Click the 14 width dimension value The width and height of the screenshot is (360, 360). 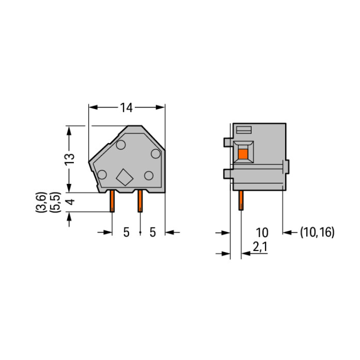tap(126, 108)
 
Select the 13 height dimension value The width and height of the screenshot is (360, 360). tap(70, 159)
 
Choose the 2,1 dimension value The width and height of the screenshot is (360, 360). tap(260, 247)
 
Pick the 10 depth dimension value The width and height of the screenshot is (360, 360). tap(262, 233)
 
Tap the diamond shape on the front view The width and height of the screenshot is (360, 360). tap(125, 177)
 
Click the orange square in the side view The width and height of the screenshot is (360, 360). tap(243, 154)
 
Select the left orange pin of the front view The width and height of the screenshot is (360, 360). tap(112, 201)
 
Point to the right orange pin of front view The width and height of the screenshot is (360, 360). tap(140, 201)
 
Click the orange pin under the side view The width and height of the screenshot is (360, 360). tap(241, 201)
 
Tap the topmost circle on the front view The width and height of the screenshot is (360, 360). tap(121, 145)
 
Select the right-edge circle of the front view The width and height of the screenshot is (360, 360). tap(156, 154)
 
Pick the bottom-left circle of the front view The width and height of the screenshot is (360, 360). tap(102, 175)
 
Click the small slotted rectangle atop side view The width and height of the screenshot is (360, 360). tap(244, 130)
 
